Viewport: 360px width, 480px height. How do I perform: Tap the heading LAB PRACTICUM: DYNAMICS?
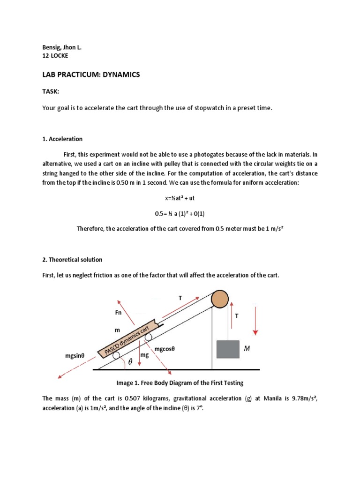91,75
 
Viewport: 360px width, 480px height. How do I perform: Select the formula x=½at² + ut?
180,198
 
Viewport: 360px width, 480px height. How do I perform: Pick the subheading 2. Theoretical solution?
72,259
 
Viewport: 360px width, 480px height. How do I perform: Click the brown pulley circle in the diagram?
220,299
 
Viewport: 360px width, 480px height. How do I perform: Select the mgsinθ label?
77,356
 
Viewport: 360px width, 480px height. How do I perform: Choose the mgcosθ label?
171,349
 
